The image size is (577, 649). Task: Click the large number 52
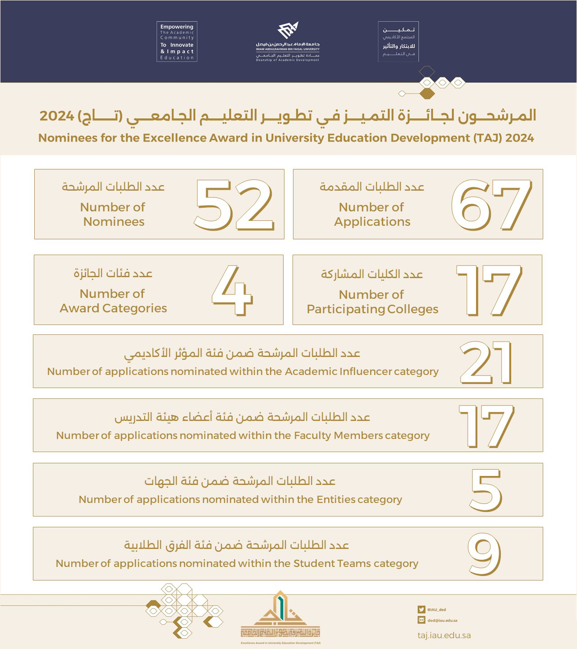(x=234, y=205)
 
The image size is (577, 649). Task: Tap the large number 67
(x=491, y=205)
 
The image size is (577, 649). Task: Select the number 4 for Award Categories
(x=232, y=290)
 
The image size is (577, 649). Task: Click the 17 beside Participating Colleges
(x=489, y=290)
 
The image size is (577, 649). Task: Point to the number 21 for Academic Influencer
(x=486, y=362)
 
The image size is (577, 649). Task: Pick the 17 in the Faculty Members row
(x=486, y=426)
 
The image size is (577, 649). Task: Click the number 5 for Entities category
(x=486, y=490)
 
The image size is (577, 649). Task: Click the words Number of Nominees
(x=113, y=215)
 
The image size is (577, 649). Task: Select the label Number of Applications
(x=372, y=215)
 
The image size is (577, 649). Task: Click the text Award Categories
(x=113, y=308)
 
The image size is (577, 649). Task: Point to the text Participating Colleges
(x=372, y=309)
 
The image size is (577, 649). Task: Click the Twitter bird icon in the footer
(x=421, y=609)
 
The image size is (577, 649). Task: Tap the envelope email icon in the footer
(x=421, y=620)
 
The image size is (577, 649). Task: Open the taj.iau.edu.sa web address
(x=444, y=635)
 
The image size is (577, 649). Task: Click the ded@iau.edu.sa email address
(x=442, y=621)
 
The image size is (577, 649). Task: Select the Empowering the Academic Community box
(x=177, y=41)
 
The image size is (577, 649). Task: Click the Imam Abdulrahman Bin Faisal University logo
(x=288, y=42)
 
